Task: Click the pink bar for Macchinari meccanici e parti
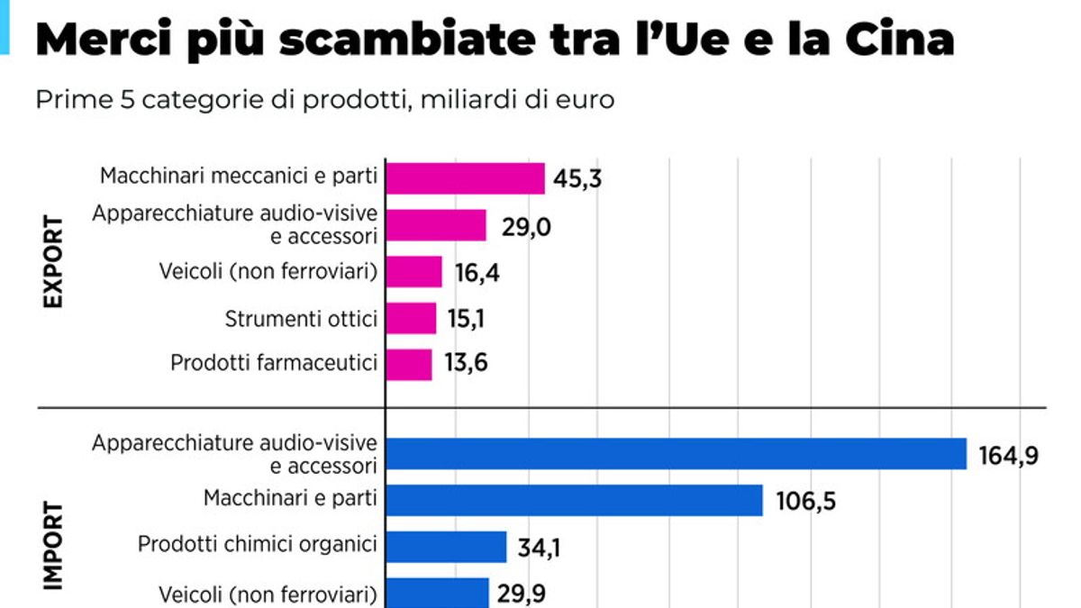[x=465, y=178]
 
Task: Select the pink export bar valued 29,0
[x=436, y=225]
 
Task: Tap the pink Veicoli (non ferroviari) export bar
[x=413, y=271]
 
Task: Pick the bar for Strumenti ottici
[x=411, y=318]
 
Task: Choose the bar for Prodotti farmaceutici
[x=409, y=364]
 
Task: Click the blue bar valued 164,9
[x=676, y=454]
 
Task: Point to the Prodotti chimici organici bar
[x=446, y=546]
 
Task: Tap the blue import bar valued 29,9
[x=437, y=592]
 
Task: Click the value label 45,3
[x=577, y=179]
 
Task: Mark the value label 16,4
[x=475, y=272]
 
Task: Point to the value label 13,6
[x=467, y=365]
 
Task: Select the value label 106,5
[x=805, y=501]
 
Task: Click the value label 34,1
[x=539, y=547]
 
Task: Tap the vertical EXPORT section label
[x=53, y=262]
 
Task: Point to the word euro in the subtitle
[x=588, y=99]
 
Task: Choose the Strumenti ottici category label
[x=300, y=318]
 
